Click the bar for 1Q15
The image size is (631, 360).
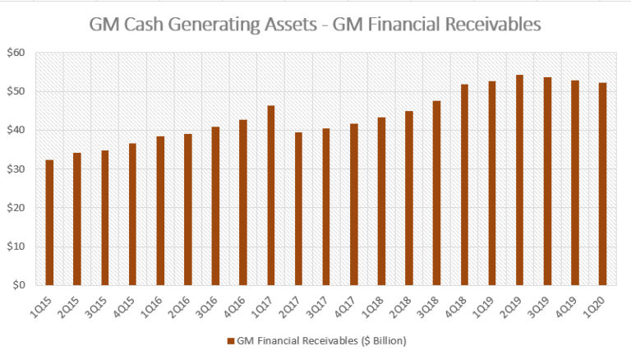(49, 223)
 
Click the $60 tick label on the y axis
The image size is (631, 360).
(16, 53)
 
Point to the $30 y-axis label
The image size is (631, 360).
(16, 169)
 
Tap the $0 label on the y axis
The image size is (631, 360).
(19, 285)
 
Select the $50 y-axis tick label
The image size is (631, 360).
(16, 91)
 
